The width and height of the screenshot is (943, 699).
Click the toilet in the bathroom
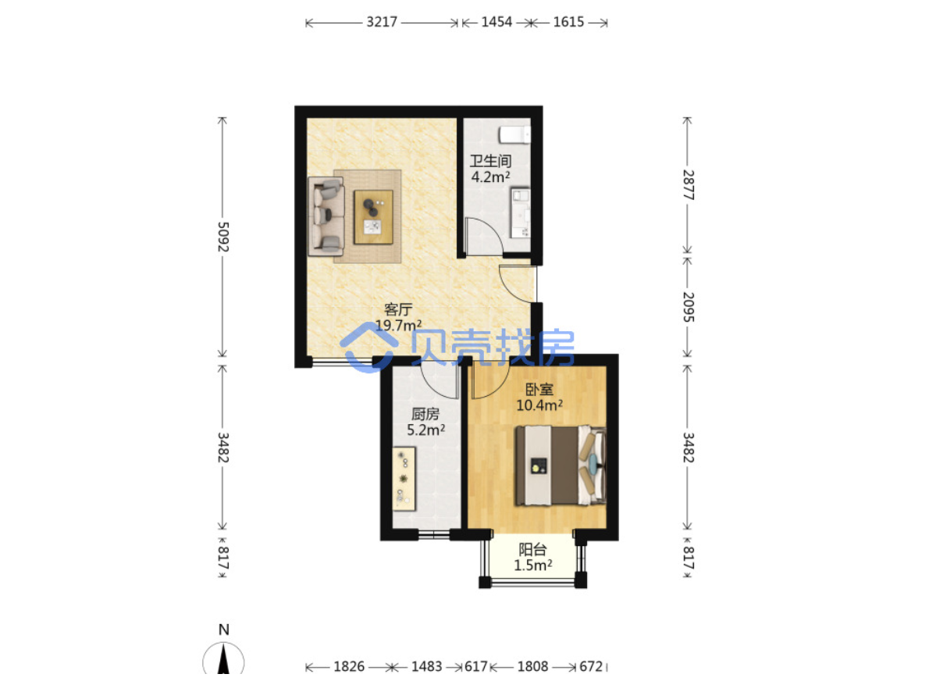point(514,135)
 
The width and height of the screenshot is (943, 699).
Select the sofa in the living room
point(326,216)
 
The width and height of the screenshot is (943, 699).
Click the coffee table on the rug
point(373,217)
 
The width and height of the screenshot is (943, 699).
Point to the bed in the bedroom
point(560,465)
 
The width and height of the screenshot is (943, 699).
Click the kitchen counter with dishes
point(404,479)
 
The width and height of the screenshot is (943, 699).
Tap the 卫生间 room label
point(490,161)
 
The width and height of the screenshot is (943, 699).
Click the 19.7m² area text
point(398,326)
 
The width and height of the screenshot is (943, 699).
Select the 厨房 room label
point(425,414)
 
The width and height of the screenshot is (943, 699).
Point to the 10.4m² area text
point(539,405)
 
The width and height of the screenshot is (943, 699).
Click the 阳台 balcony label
point(532,550)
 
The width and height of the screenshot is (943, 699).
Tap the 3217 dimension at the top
point(382,22)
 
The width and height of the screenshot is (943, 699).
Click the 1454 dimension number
point(496,22)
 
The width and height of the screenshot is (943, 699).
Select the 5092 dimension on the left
point(222,237)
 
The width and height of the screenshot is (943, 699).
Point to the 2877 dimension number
point(689,185)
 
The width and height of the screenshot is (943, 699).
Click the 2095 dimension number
point(689,307)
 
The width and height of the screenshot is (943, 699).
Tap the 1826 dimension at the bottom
point(349,667)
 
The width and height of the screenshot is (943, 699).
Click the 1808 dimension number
point(532,667)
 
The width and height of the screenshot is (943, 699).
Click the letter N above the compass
point(223,629)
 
